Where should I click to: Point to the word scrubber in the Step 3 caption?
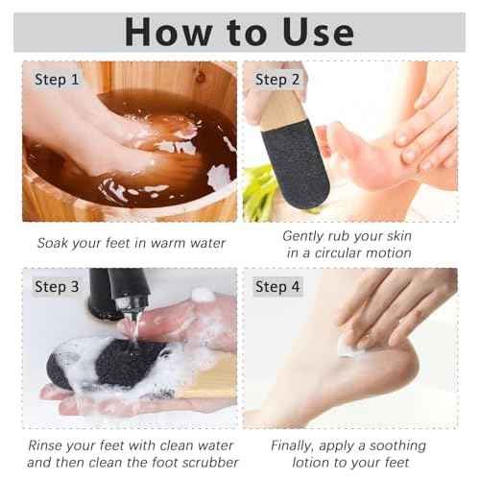[201, 464]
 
